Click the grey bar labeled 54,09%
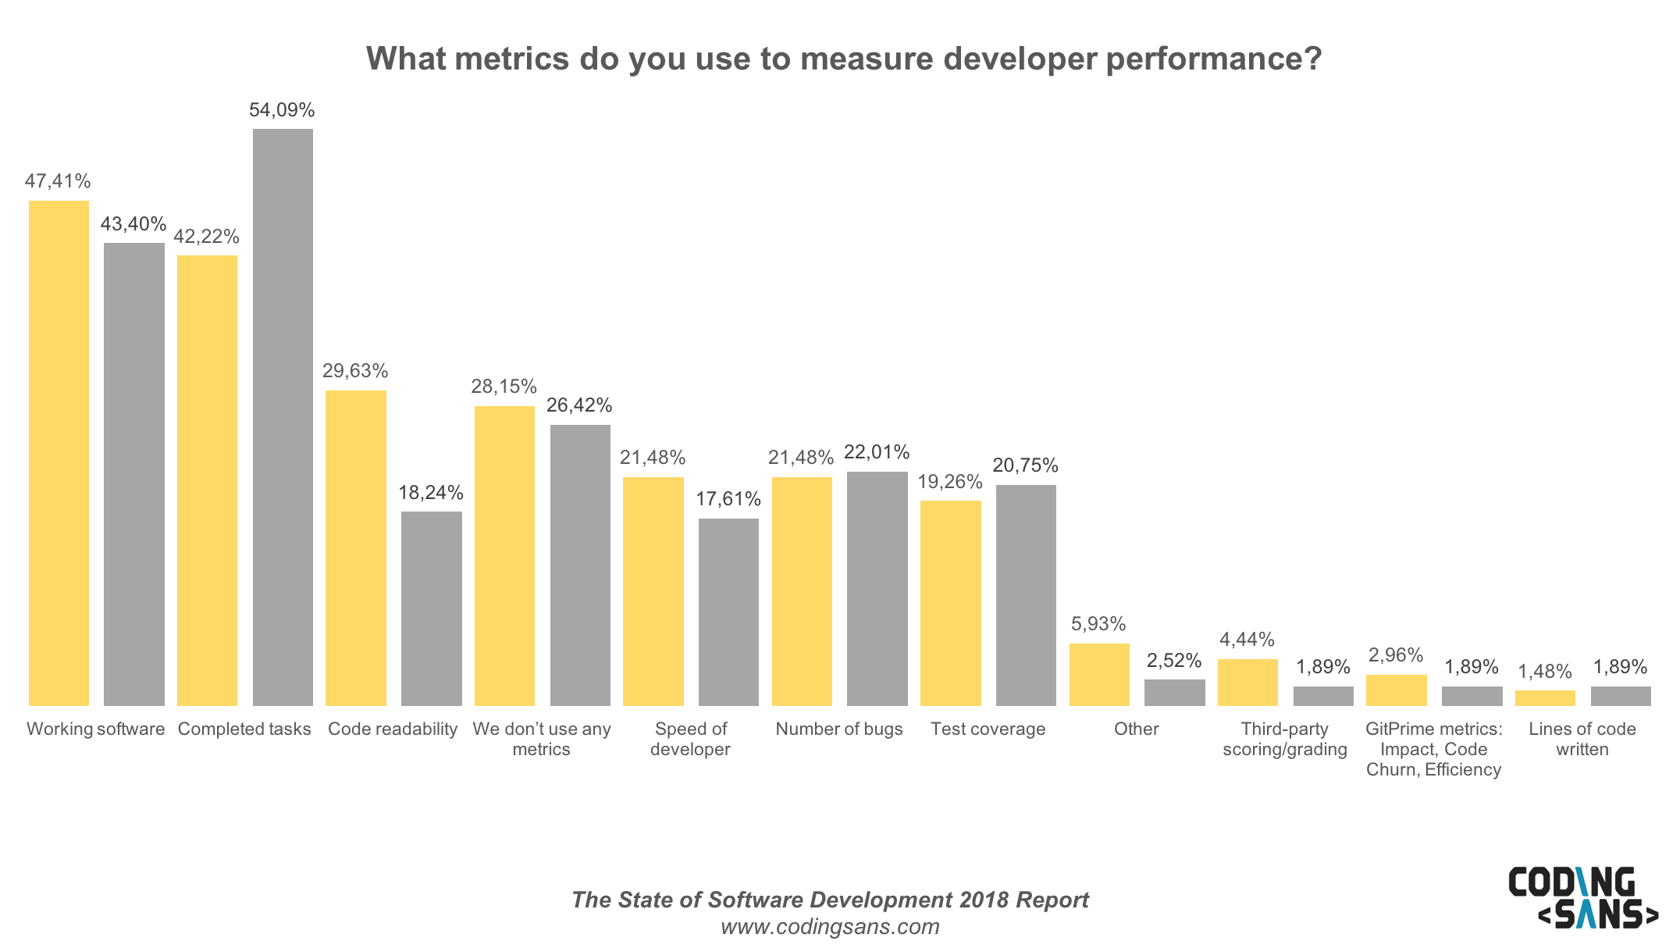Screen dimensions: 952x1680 coord(283,418)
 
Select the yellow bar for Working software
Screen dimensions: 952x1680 coord(59,453)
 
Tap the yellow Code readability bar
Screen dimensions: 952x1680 coord(355,547)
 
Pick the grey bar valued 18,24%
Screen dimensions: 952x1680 coord(431,608)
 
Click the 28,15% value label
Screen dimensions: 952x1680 coord(504,387)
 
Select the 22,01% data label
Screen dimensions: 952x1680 coord(877,452)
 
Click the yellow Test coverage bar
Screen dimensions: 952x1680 coord(950,603)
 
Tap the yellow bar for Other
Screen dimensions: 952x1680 coord(1098,674)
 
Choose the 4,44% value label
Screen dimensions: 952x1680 coord(1247,640)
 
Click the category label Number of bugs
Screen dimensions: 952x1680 coord(838,729)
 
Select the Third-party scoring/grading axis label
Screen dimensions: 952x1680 coord(1284,739)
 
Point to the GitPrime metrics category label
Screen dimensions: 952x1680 coord(1433,749)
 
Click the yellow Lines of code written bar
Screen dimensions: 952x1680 coord(1544,698)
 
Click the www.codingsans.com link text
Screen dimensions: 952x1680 coord(830,927)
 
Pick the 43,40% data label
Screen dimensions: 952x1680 coord(133,224)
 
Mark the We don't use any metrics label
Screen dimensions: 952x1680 coord(541,739)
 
